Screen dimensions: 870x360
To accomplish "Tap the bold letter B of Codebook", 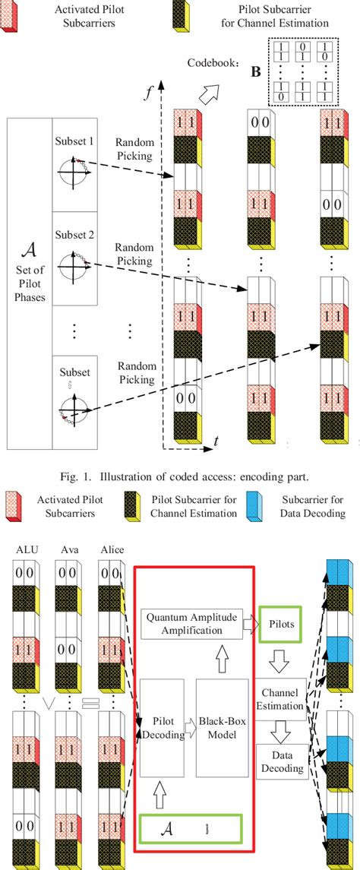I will click(257, 73).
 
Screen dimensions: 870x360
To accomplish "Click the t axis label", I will click(216, 440).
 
